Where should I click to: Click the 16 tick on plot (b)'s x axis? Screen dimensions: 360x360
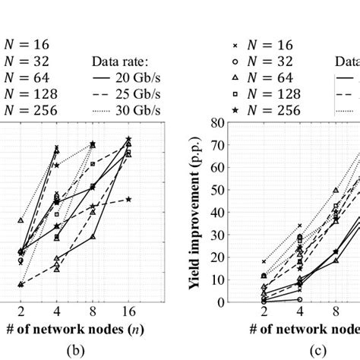tap(129, 311)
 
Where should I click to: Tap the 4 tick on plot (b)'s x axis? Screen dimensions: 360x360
tap(56, 311)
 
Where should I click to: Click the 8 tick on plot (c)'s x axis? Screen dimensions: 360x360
tap(336, 311)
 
